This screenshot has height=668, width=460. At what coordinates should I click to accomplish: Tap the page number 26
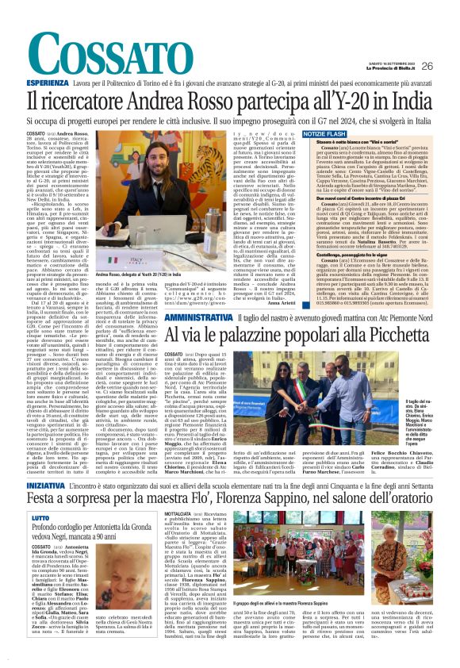tap(427, 65)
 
